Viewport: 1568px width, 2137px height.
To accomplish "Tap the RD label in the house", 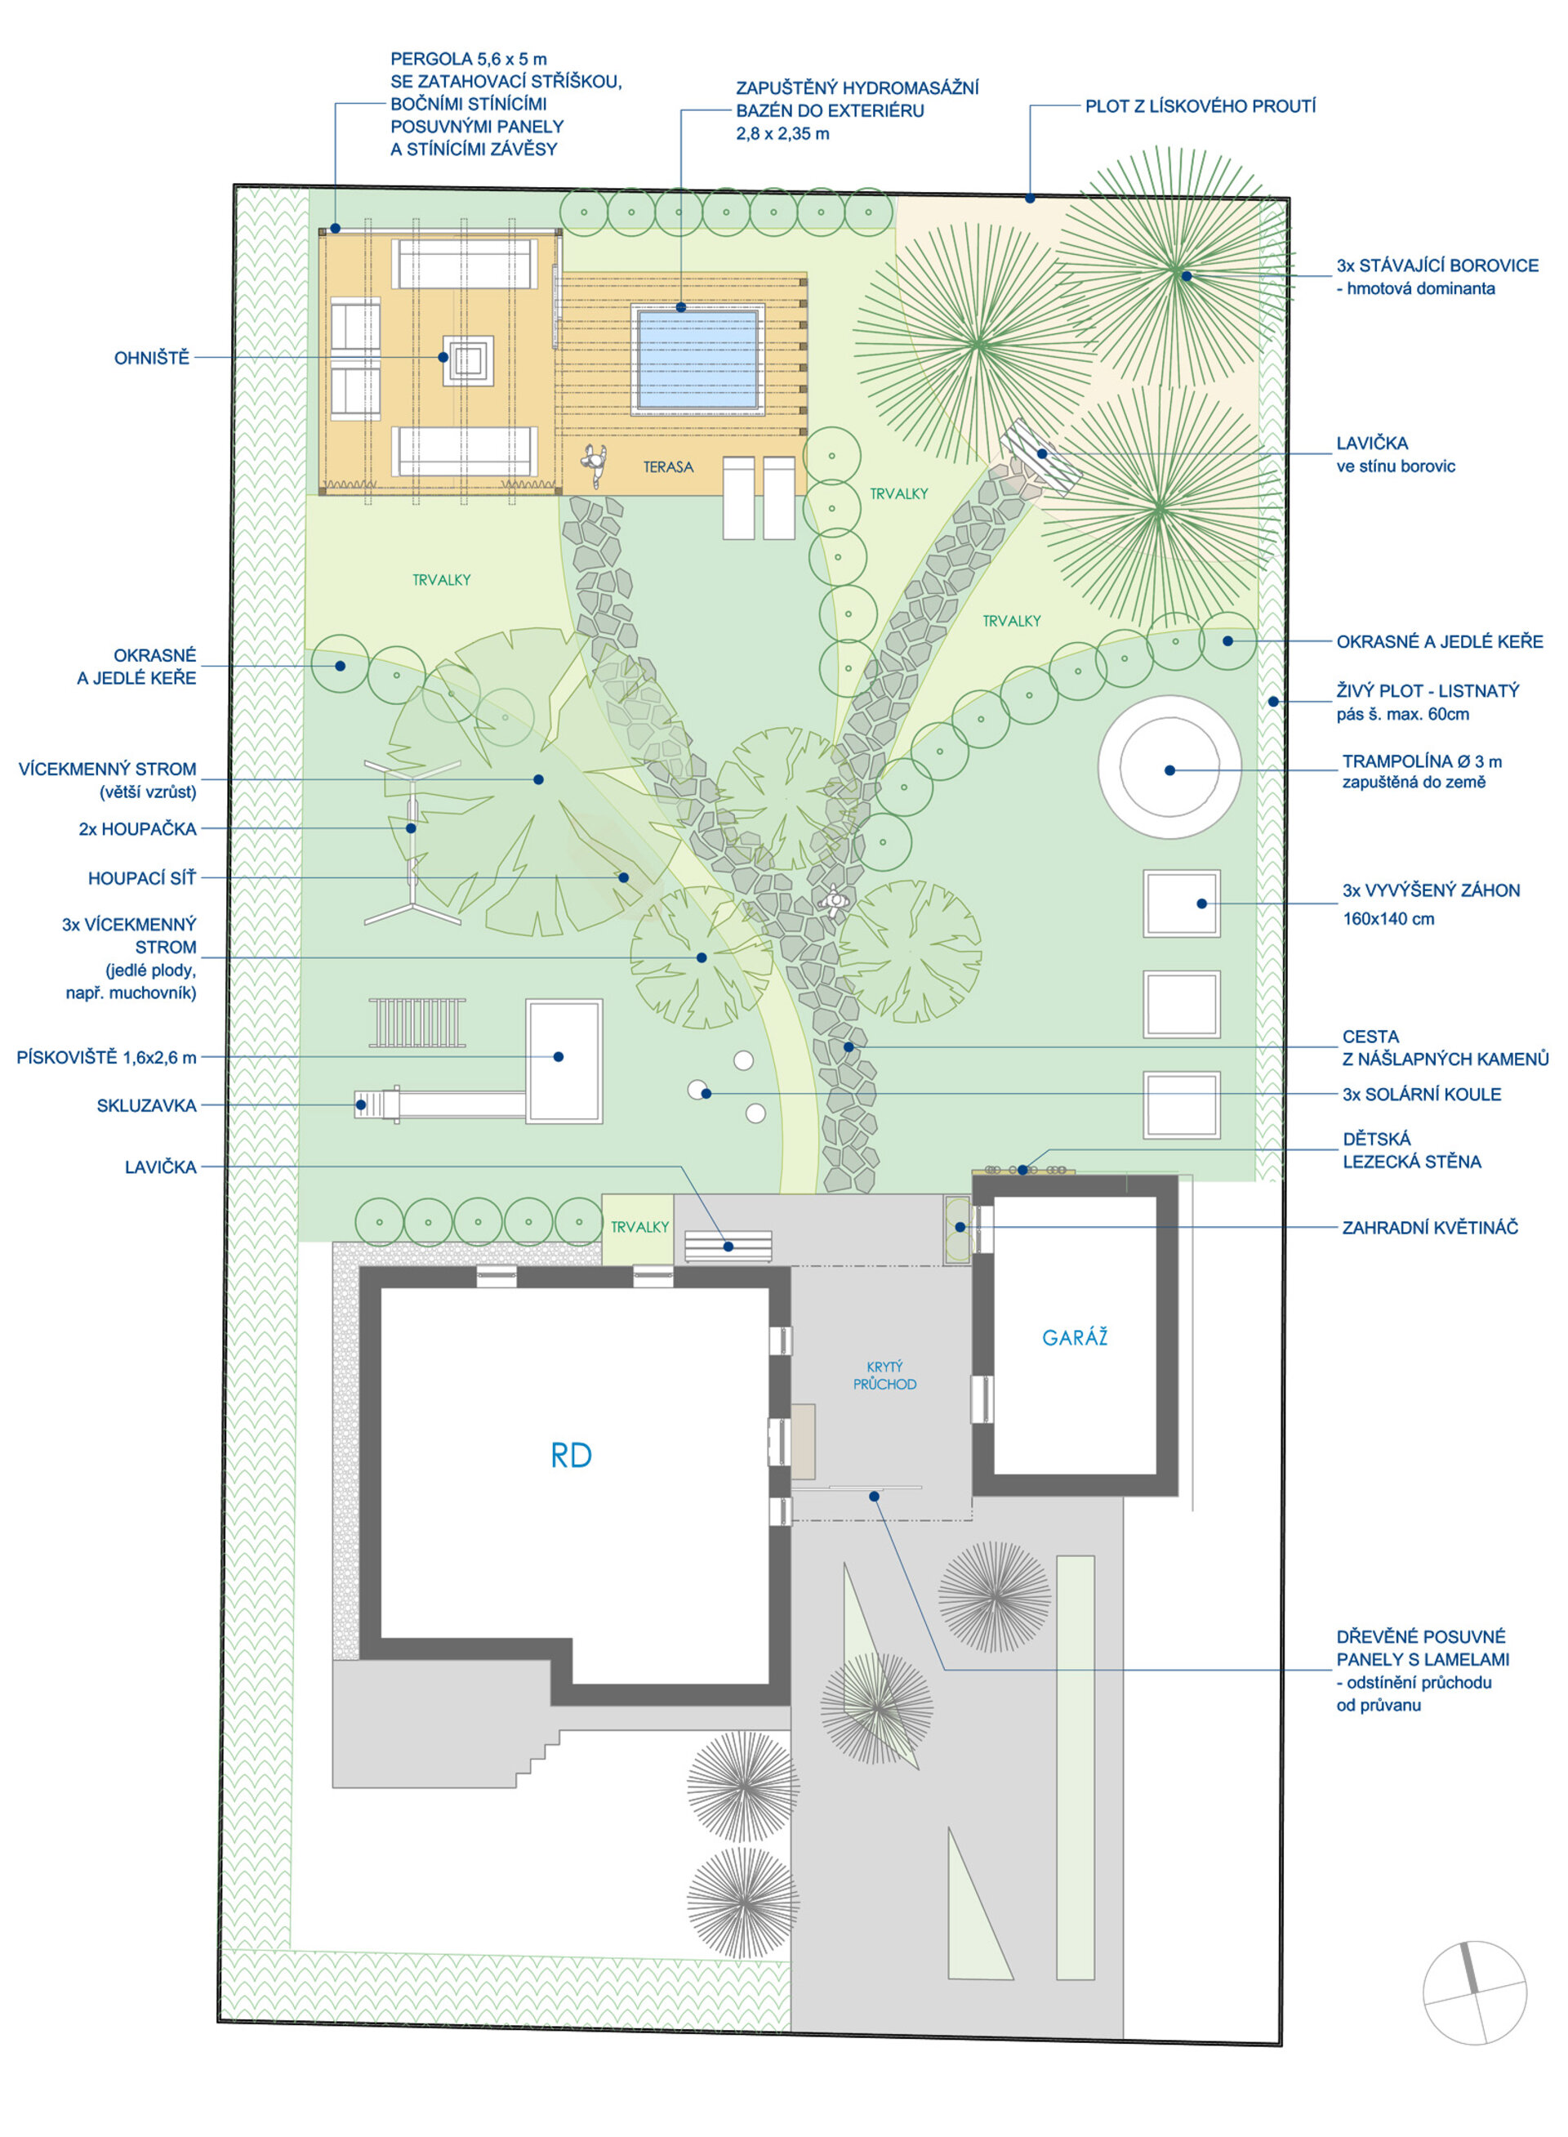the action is coord(572,1456).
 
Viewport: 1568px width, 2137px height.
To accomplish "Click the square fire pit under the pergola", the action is coord(468,359).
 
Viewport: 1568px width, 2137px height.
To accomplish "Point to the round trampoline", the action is coord(1169,767).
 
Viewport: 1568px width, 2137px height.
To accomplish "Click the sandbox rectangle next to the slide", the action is coord(563,1060).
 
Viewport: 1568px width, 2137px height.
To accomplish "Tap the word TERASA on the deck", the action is coord(668,467).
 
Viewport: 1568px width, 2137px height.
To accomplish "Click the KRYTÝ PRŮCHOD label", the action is coord(884,1376).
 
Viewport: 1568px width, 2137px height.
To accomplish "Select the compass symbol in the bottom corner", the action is coord(1474,1992).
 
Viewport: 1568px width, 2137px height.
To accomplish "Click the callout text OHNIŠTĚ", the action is coord(152,358).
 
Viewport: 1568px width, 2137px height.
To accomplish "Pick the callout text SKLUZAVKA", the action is coord(146,1105).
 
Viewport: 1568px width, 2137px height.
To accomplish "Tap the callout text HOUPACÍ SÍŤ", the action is coord(142,878).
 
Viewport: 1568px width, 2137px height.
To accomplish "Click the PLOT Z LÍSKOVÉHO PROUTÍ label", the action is coord(1200,106).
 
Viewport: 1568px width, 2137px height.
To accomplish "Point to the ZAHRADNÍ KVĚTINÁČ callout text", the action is coord(1430,1228).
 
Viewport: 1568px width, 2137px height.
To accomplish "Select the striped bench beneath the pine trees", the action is coord(1041,457).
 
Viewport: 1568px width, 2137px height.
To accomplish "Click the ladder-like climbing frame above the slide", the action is coord(417,1023).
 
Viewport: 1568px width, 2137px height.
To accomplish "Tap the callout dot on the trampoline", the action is coord(1169,770).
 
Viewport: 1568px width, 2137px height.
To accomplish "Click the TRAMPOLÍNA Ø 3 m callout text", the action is coord(1422,761).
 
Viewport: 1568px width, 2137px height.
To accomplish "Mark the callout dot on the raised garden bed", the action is coord(1201,903).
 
